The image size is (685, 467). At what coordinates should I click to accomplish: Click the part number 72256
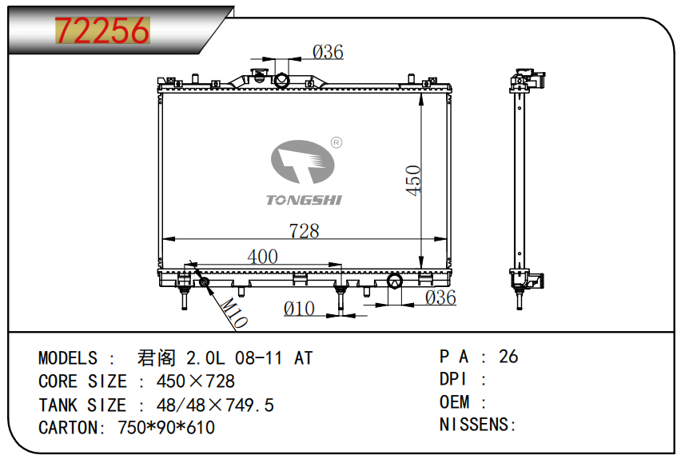pos(102,31)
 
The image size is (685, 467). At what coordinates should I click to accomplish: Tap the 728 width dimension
pos(304,231)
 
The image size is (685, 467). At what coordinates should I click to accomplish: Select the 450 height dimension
pos(413,181)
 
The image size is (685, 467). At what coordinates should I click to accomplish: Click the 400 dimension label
pos(262,257)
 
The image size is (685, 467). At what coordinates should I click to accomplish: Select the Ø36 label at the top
pos(327,53)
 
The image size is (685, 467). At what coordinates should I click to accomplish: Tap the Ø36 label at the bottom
pos(440,297)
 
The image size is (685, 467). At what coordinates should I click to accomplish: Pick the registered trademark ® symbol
pos(337,142)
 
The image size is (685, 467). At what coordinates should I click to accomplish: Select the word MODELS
pos(68,357)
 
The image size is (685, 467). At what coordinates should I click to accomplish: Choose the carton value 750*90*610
pos(166,428)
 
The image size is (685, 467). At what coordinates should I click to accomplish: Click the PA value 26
pos(508,357)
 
